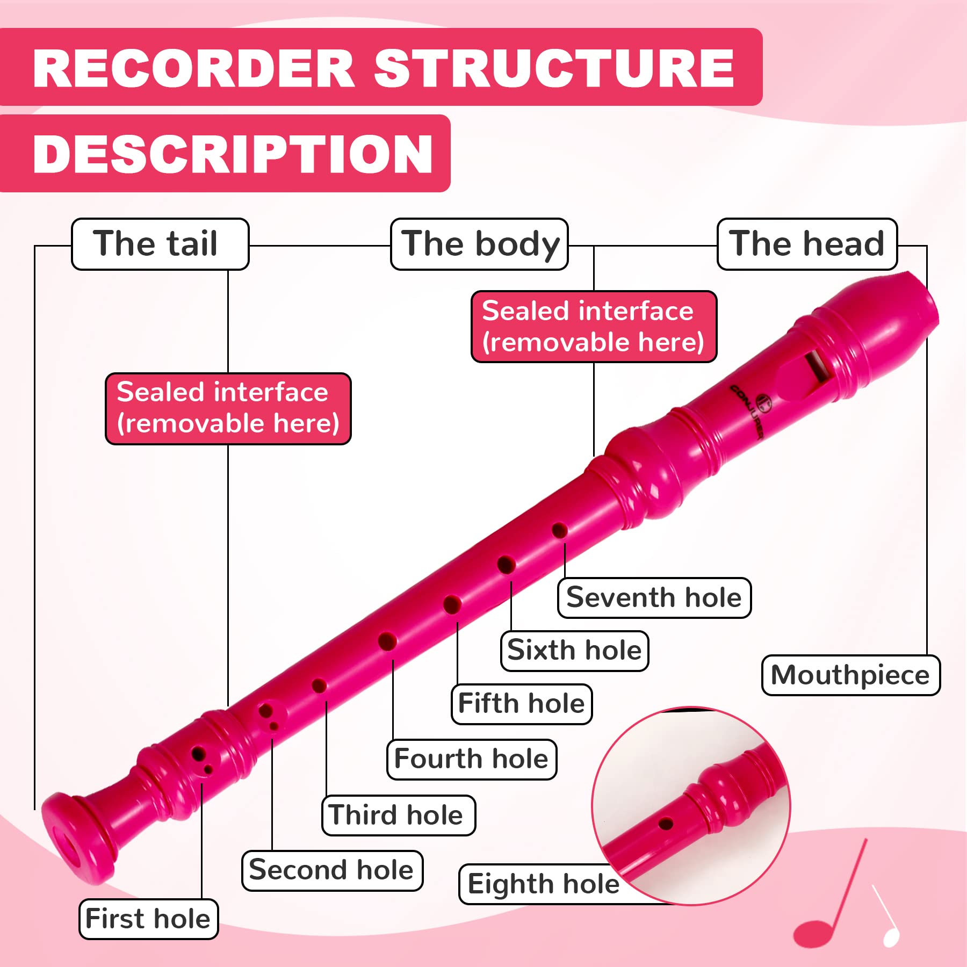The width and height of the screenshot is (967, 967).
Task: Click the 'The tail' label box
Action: pos(160,244)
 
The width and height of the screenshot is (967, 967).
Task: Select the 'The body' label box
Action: pos(479,244)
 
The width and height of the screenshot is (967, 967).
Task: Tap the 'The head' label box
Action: pos(807,244)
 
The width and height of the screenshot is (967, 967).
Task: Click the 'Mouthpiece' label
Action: pos(850,675)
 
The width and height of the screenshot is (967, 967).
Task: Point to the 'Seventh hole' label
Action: pos(654,597)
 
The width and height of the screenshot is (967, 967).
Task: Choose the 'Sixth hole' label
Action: pos(574,650)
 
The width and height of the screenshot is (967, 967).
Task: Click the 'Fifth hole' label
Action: pos(521,703)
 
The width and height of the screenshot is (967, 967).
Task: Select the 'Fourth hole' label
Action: pos(471,759)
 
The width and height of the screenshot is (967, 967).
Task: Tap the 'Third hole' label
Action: pos(398,815)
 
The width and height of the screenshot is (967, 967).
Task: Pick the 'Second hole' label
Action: pos(332,870)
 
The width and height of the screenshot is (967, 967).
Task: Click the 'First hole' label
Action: pos(148,919)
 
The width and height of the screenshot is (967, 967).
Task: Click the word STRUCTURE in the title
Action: pos(554,68)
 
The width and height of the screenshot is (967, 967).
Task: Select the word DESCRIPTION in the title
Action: pos(233,154)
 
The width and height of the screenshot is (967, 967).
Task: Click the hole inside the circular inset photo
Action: pos(666,824)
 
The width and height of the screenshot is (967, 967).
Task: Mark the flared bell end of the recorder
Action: pos(75,838)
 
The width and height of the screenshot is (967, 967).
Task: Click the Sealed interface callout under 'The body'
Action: pos(594,327)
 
